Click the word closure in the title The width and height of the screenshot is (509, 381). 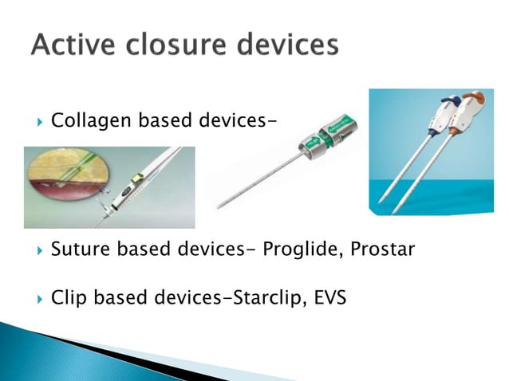pos(170,45)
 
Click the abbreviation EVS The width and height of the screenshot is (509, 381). pos(329,300)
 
